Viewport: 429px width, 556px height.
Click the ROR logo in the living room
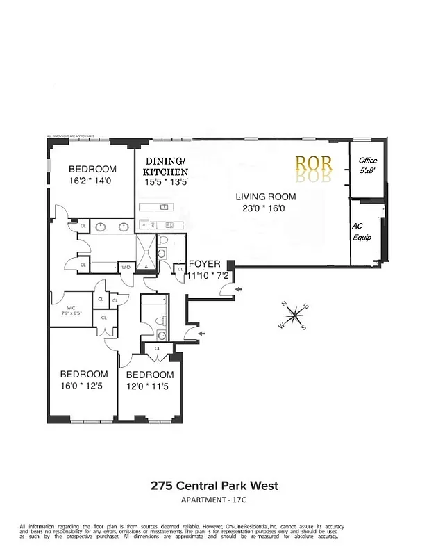coord(314,165)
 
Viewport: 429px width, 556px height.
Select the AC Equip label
coord(362,232)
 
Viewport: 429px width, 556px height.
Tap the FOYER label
coord(205,264)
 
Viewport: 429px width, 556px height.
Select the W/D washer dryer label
coord(126,267)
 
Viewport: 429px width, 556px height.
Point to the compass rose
coord(296,316)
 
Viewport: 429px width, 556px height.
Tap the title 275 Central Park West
coord(214,486)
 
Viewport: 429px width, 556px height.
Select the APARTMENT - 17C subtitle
coord(214,500)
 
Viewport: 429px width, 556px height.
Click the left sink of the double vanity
coord(101,226)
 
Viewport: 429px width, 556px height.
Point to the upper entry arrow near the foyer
coord(239,288)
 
